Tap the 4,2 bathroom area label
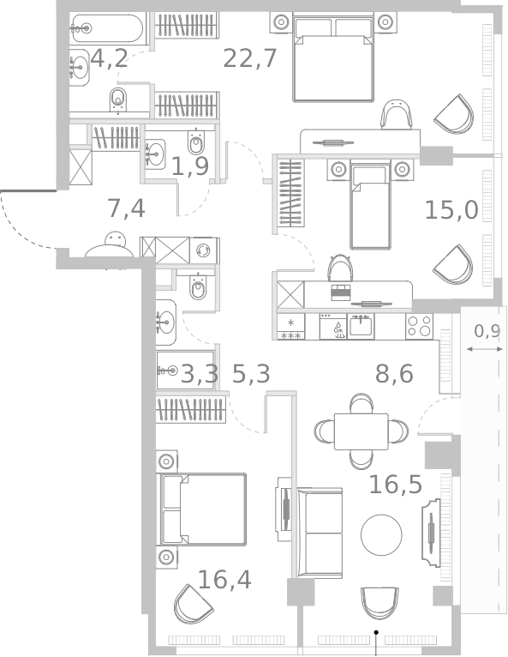[109, 59]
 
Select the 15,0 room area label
[451, 209]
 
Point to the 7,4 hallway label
[125, 208]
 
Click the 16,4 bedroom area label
[224, 580]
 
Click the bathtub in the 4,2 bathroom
[110, 28]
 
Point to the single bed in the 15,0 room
[370, 207]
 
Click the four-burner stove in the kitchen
[419, 326]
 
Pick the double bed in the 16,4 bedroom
[202, 509]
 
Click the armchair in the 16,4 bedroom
[193, 604]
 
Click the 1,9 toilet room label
[189, 166]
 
